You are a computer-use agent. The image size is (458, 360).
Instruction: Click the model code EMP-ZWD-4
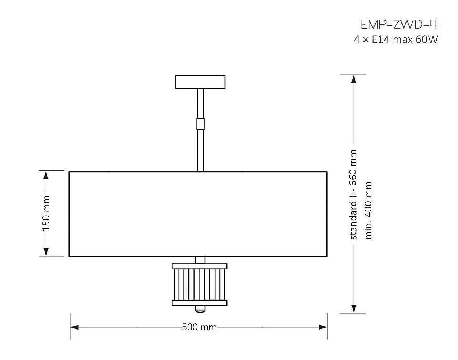399,24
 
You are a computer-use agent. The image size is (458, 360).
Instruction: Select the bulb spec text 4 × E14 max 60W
396,40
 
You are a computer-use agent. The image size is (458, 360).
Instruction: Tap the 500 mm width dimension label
199,327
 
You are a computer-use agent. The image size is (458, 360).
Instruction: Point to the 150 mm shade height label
46,214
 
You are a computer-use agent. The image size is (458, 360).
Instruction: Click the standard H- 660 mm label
353,195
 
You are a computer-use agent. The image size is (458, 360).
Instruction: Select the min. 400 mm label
369,210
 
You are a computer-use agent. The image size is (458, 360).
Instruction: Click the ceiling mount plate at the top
200,82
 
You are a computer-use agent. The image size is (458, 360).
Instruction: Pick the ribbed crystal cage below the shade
200,285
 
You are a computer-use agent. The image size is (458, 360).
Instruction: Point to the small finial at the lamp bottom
200,309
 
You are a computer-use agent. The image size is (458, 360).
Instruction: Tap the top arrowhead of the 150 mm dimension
46,175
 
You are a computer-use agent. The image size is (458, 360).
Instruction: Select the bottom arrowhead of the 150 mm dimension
46,252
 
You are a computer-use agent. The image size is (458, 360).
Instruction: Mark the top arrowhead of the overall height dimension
353,79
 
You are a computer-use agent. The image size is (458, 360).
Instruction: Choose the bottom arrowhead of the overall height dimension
353,309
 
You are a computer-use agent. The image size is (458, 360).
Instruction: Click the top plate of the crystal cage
200,266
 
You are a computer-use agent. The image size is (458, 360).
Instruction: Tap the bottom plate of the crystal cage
200,303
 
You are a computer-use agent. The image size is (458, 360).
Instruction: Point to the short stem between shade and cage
200,260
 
